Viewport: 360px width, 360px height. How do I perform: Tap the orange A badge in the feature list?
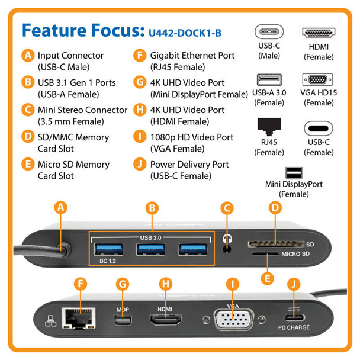(27, 56)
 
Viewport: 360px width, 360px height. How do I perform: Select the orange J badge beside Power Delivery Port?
(140, 165)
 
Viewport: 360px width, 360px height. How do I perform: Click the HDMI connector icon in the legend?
(319, 33)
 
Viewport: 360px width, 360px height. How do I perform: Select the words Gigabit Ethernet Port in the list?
(192, 56)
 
